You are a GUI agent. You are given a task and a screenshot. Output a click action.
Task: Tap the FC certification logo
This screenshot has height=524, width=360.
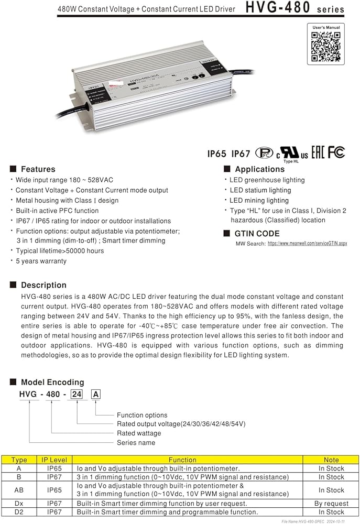click(x=336, y=152)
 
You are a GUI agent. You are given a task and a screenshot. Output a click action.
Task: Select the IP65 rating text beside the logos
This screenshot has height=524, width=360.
click(x=216, y=154)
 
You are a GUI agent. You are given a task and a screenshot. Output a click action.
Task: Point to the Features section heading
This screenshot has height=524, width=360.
click(x=38, y=169)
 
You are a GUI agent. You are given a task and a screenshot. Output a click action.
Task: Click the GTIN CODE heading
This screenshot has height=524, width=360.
click(x=257, y=234)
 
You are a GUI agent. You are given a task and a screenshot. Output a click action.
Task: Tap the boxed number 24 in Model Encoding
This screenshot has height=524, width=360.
click(x=77, y=395)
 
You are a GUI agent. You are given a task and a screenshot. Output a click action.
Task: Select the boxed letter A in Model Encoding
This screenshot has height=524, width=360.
click(x=95, y=395)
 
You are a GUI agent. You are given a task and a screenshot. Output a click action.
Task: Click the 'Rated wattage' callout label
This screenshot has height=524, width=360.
click(x=139, y=433)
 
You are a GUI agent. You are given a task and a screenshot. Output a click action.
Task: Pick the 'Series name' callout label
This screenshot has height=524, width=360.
click(x=136, y=442)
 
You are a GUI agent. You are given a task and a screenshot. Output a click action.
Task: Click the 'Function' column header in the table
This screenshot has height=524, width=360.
click(x=182, y=460)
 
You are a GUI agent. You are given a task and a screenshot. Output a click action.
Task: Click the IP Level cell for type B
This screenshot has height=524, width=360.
click(x=54, y=477)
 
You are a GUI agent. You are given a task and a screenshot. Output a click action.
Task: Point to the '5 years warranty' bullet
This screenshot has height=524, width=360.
click(x=41, y=261)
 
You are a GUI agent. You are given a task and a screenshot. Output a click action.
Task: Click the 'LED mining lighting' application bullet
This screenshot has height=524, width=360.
click(x=259, y=200)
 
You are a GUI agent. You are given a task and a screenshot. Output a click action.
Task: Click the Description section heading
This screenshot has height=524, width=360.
click(x=43, y=285)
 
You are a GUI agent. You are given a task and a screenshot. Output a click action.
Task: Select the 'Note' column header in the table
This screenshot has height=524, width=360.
click(x=332, y=460)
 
